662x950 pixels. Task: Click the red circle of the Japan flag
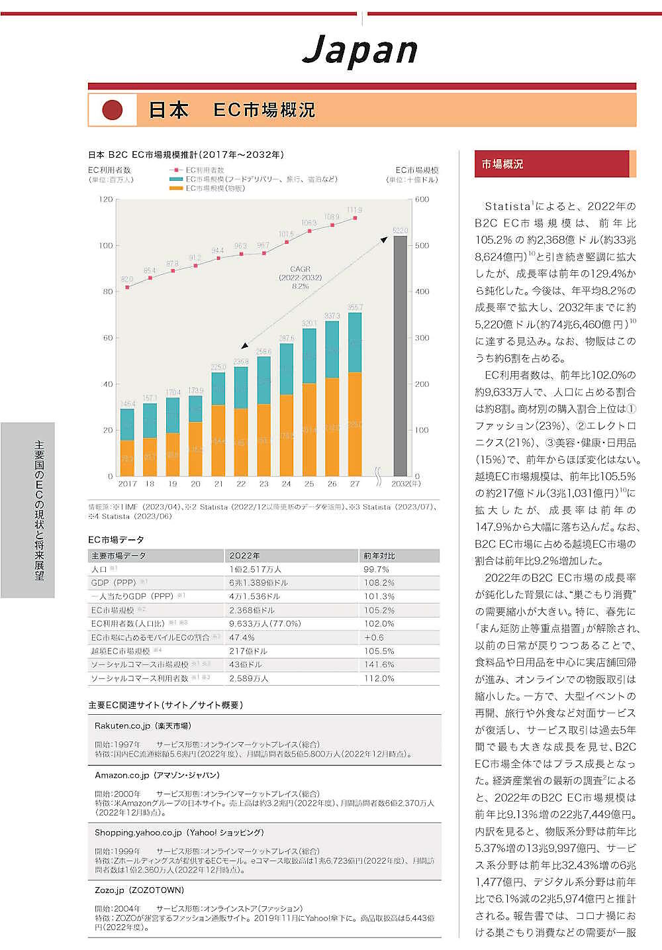coord(113,110)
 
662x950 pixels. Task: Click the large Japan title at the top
coord(360,50)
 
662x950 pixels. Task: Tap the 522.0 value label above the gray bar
coord(400,231)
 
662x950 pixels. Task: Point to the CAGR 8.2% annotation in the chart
coord(300,278)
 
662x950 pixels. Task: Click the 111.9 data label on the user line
coord(354,210)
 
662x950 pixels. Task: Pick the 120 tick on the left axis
coord(106,199)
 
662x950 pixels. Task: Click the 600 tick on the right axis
coord(422,199)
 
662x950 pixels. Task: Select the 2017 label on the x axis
coord(127,484)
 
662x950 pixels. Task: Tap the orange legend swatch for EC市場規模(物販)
coord(176,188)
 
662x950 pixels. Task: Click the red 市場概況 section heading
coord(502,164)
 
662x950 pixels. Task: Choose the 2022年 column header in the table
coord(244,556)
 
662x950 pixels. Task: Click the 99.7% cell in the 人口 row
coord(376,569)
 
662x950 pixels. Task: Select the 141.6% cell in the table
coord(379,664)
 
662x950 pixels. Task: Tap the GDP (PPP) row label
coord(113,583)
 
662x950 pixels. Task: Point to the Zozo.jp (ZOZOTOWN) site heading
coord(139,890)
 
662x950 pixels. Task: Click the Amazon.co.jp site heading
coord(157,775)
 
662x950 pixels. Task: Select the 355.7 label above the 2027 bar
coord(355,307)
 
